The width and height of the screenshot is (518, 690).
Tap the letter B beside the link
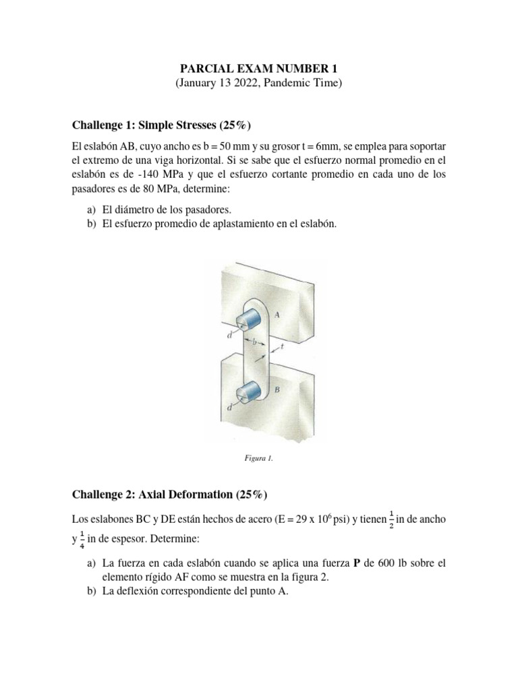click(x=277, y=389)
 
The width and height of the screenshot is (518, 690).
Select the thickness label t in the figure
click(x=281, y=347)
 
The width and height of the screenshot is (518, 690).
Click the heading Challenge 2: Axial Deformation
click(x=169, y=495)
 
